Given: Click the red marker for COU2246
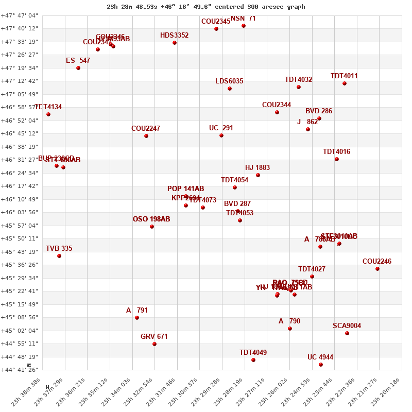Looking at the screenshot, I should [377, 269].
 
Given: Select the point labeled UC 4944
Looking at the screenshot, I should [321, 365].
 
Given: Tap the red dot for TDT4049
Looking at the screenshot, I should [253, 360].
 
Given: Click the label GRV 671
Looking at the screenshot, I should [154, 337].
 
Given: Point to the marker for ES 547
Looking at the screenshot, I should [78, 68].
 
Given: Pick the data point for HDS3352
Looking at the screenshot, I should [175, 43].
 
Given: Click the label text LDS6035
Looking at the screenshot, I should [229, 81].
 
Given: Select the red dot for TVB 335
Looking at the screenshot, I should [59, 256].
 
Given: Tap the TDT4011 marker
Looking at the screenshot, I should [345, 83].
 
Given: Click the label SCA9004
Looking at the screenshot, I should [347, 326].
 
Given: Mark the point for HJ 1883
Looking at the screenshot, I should [258, 175].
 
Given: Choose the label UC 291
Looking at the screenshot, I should [221, 128].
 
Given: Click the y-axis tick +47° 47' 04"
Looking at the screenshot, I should [19, 15].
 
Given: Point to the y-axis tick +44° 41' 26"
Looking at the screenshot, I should [19, 370].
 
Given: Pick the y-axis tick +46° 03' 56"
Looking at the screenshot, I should [19, 212].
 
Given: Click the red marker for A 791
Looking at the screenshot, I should [137, 318].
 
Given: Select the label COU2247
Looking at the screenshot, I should [146, 129].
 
